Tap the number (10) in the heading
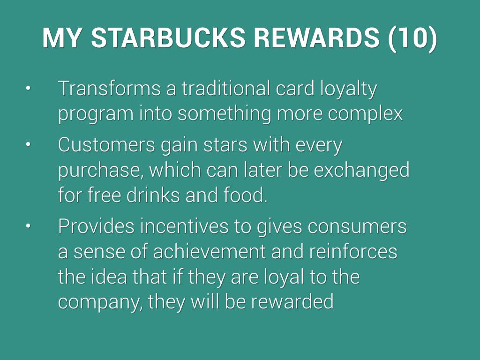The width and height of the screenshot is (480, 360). [x=412, y=38]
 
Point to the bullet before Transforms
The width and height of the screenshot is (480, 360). [x=28, y=88]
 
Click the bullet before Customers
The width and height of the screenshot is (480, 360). [x=28, y=144]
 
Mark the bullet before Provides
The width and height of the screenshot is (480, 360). [x=28, y=226]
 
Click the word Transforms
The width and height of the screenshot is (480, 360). [x=109, y=88]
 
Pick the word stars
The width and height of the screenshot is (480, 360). [x=225, y=145]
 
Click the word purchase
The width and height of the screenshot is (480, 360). [x=98, y=171]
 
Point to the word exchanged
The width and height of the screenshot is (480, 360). [x=362, y=171]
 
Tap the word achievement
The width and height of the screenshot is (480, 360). [x=209, y=252]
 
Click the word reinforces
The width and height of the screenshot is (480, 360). [x=353, y=252]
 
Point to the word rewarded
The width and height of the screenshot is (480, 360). [x=292, y=302]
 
